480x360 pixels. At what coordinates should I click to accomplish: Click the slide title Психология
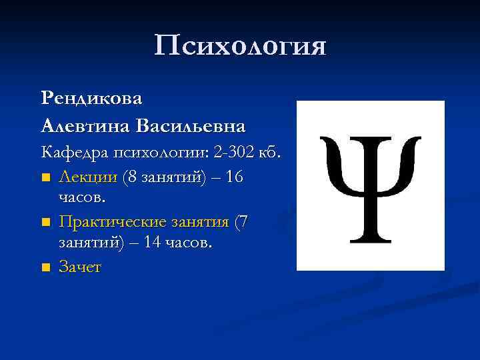(240, 46)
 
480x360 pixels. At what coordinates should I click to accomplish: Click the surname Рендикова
(91, 98)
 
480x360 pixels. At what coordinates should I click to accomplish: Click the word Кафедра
(69, 153)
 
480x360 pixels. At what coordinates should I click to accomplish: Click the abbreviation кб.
(271, 153)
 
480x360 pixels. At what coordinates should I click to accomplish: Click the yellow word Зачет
(79, 267)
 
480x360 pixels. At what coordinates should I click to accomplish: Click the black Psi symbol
(370, 187)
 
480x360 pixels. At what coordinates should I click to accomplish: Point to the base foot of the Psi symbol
(370, 239)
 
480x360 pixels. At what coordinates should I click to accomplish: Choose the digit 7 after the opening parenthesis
(242, 221)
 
